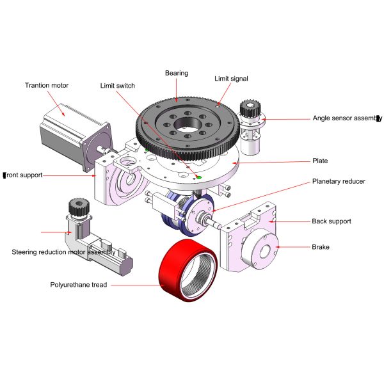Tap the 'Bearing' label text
(x=177, y=73)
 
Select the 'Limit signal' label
(x=231, y=78)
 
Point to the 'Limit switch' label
(x=118, y=85)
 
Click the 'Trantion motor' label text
(x=46, y=85)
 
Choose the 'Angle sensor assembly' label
(x=346, y=118)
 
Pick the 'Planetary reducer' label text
(x=339, y=181)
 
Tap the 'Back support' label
(x=332, y=221)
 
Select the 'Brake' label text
(x=320, y=246)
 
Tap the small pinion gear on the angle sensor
(x=248, y=108)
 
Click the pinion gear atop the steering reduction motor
(x=77, y=207)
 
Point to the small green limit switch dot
(x=198, y=177)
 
